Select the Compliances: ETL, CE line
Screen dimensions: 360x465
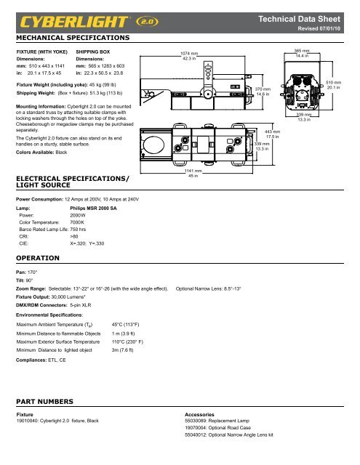(44, 360)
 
